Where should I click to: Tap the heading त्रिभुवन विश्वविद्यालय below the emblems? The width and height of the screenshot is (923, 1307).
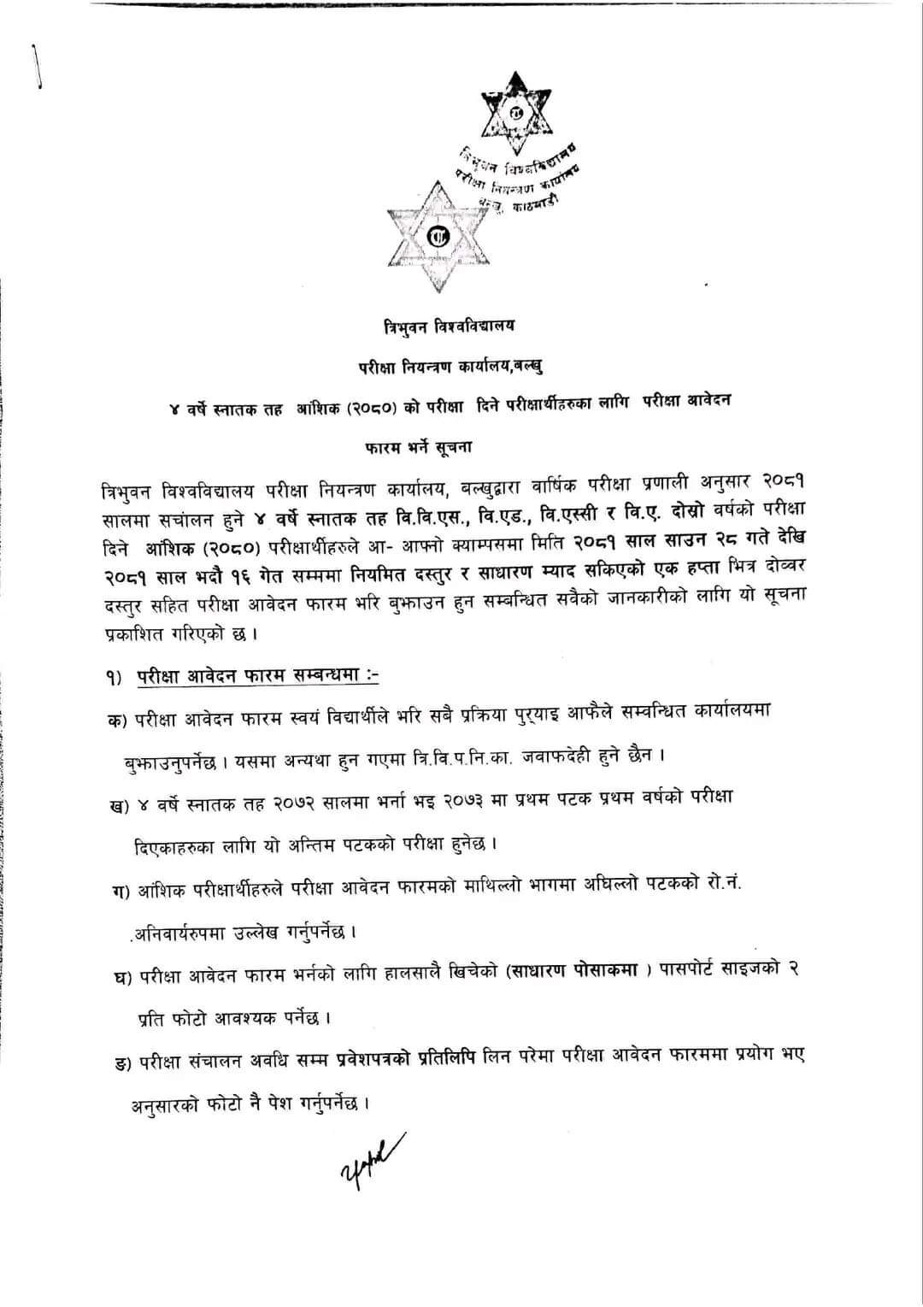(450, 326)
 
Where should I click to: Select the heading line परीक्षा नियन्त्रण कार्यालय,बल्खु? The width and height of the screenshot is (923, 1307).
(450, 366)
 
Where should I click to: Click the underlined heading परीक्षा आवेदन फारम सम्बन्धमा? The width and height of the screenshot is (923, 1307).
(257, 675)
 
